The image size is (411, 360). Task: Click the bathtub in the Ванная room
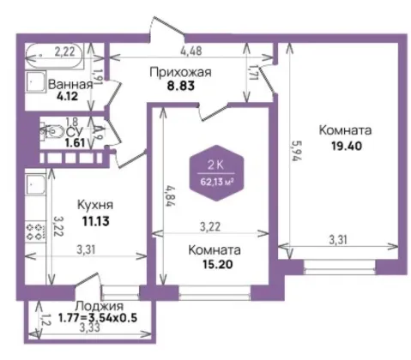[54, 56]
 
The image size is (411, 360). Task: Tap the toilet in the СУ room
[51, 132]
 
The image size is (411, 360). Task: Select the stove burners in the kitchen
[36, 231]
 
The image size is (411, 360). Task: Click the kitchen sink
[35, 183]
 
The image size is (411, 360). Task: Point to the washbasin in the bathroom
[35, 81]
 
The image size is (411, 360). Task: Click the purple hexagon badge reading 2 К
[216, 173]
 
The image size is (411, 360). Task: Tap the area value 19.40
[347, 146]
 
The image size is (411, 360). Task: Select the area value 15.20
[218, 264]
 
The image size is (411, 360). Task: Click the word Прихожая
[180, 72]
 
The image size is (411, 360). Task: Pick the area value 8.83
[181, 86]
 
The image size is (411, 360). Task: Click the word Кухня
[95, 205]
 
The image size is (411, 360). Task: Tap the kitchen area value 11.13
[96, 221]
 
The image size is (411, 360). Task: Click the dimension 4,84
[171, 196]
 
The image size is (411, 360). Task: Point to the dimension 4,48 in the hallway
[191, 51]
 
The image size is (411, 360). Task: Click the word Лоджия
[99, 306]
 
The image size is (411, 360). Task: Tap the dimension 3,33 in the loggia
[90, 327]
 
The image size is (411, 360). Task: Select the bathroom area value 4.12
[67, 96]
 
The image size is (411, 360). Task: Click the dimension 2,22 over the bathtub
[65, 51]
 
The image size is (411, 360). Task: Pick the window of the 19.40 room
[340, 267]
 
